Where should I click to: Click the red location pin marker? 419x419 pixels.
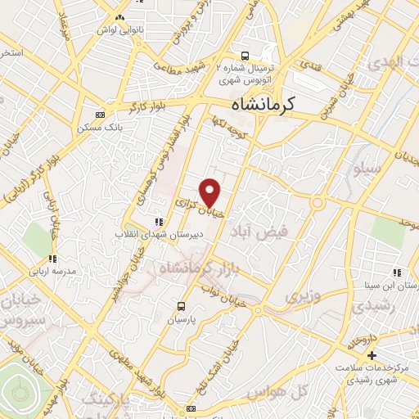[x=210, y=193]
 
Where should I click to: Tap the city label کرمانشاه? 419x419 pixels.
[x=264, y=104]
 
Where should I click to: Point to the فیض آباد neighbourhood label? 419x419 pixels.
[x=260, y=232]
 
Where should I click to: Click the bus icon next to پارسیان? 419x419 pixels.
[x=181, y=307]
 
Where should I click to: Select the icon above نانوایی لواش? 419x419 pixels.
[x=120, y=17]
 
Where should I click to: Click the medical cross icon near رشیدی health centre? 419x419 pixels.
[x=372, y=355]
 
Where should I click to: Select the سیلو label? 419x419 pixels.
[x=366, y=169]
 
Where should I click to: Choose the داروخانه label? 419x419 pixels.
[x=362, y=336]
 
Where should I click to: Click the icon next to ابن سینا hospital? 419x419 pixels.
[x=395, y=273]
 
